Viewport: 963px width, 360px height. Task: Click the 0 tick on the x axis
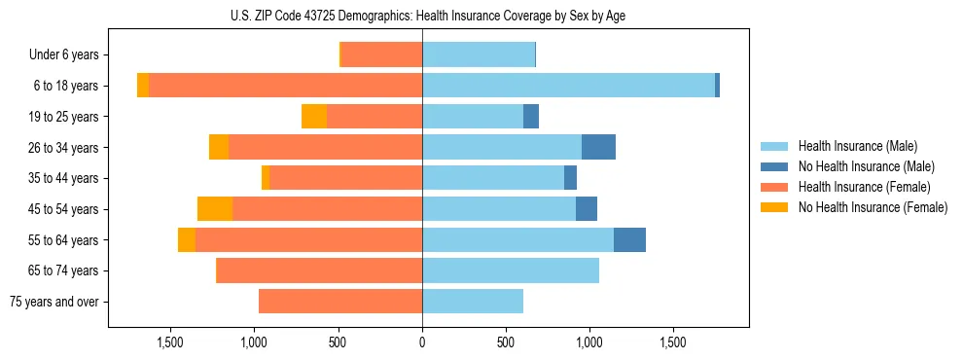click(x=421, y=343)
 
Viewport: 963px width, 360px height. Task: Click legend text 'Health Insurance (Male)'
click(x=858, y=146)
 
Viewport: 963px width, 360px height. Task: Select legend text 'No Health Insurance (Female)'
click(x=873, y=207)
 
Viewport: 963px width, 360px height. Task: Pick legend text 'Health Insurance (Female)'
click(x=864, y=187)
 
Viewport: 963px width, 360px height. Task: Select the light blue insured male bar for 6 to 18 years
click(x=568, y=86)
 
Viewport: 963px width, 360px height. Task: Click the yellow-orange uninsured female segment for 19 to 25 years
click(x=314, y=117)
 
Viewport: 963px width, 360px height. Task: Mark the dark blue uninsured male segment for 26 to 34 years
click(x=598, y=147)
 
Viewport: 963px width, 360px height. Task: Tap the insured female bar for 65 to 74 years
click(x=319, y=270)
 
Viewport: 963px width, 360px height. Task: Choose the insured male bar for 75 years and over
click(x=473, y=302)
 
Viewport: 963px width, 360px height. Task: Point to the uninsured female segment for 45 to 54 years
click(x=215, y=209)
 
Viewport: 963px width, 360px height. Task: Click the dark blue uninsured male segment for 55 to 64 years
click(x=629, y=239)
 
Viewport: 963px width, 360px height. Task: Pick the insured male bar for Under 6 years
click(x=479, y=55)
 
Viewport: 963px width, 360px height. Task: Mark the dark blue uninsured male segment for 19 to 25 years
click(x=531, y=117)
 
